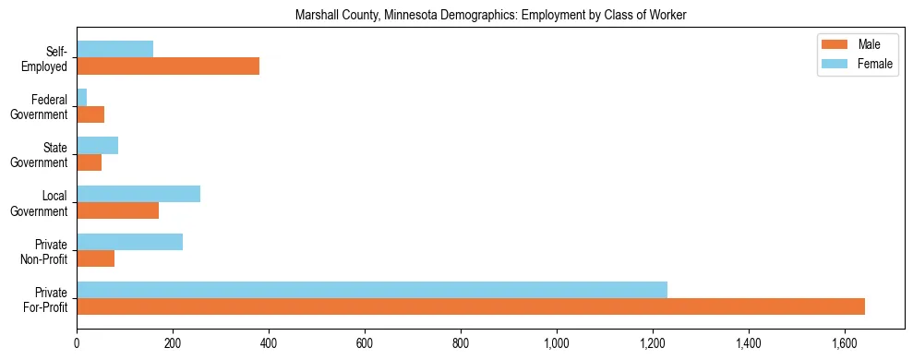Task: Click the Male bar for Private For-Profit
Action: pos(471,306)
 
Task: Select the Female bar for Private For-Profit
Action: pos(372,290)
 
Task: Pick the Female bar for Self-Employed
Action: pos(115,50)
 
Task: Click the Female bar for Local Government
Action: pos(138,194)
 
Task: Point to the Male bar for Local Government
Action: pos(118,210)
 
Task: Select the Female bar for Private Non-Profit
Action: pos(130,242)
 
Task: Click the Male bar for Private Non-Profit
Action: pos(96,258)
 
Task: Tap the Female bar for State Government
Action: pos(98,146)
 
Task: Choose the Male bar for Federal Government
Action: pos(90,114)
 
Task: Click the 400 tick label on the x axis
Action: pos(269,344)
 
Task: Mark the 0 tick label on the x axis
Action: pos(77,344)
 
